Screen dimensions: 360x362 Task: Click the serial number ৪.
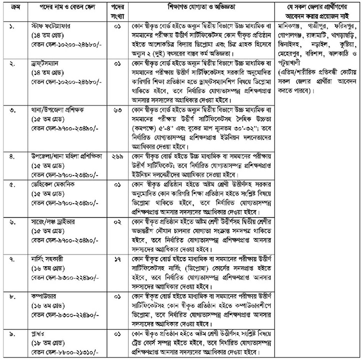click(x=13, y=156)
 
